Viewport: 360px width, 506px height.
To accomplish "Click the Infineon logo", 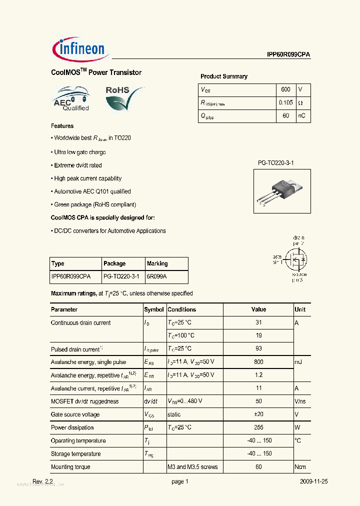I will click(79, 48).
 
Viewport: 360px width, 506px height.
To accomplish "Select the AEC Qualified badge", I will click(71, 99).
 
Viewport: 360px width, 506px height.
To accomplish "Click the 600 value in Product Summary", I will click(285, 89).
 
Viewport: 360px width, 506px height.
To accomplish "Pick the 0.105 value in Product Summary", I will click(286, 102).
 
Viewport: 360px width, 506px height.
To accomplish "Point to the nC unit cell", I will click(302, 115).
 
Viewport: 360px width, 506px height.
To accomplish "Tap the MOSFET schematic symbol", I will click(296, 260).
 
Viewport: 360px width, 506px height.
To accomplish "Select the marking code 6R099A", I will click(156, 276).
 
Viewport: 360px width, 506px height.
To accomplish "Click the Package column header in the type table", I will click(114, 263).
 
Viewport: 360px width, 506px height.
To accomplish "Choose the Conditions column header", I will click(182, 309).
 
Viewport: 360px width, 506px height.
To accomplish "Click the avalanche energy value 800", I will click(258, 362).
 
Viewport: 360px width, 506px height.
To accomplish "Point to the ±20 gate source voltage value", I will click(258, 414).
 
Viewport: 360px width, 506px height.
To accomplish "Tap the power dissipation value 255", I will click(258, 427).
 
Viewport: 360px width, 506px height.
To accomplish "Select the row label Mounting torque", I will click(70, 467).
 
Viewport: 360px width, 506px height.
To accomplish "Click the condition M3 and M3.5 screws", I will click(192, 467).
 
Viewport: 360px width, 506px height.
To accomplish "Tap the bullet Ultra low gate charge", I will click(80, 152).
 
